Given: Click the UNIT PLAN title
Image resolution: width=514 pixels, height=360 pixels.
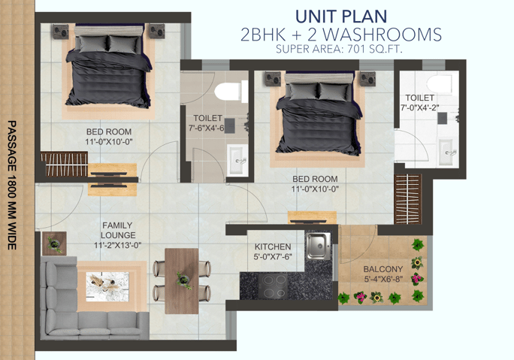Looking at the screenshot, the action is click(x=341, y=17).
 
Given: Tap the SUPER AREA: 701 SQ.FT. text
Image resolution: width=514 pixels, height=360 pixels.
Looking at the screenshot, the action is click(x=339, y=49).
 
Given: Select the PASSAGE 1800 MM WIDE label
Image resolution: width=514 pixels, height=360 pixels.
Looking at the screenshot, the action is click(x=12, y=185).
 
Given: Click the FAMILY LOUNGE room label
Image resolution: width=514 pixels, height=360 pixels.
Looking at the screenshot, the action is click(x=118, y=230).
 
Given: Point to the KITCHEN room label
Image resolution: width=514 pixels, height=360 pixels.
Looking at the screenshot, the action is click(x=273, y=247).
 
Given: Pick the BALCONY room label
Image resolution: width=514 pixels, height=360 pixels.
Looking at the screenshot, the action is click(x=383, y=269).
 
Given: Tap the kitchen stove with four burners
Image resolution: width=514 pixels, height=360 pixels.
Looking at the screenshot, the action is click(x=273, y=286).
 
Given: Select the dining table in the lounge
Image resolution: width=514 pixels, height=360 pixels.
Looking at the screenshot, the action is click(x=182, y=281).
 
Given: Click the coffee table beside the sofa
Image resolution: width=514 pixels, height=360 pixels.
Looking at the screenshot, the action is click(x=107, y=286).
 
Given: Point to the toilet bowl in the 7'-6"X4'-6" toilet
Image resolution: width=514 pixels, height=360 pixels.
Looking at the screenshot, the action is click(x=228, y=92).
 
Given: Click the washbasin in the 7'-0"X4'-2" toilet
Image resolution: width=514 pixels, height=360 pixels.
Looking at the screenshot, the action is click(x=446, y=152).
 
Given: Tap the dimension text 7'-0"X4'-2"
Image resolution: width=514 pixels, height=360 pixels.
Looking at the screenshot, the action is click(x=419, y=107).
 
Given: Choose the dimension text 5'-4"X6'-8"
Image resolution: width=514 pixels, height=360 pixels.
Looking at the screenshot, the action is click(x=383, y=279).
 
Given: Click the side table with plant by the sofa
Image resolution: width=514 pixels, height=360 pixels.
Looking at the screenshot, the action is click(x=54, y=244).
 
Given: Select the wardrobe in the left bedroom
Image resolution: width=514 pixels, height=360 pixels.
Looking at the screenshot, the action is click(x=65, y=164).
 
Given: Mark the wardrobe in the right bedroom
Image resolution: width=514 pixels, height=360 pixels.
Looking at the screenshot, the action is click(x=408, y=199).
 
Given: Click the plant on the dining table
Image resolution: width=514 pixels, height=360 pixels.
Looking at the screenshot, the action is click(x=183, y=280).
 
